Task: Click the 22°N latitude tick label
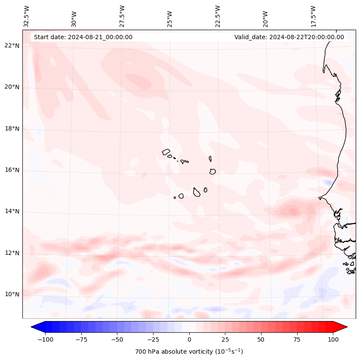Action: click(12, 46)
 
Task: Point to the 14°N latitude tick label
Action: click(12, 211)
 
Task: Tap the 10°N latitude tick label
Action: click(12, 294)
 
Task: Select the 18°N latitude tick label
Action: click(12, 129)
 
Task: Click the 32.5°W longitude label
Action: click(27, 16)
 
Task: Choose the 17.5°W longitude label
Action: click(314, 16)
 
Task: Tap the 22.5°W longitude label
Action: click(218, 16)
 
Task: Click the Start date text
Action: click(83, 37)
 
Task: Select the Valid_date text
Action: click(289, 37)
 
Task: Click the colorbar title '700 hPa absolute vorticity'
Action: click(189, 352)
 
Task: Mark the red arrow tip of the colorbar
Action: click(346, 327)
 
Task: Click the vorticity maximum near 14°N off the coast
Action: click(292, 211)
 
